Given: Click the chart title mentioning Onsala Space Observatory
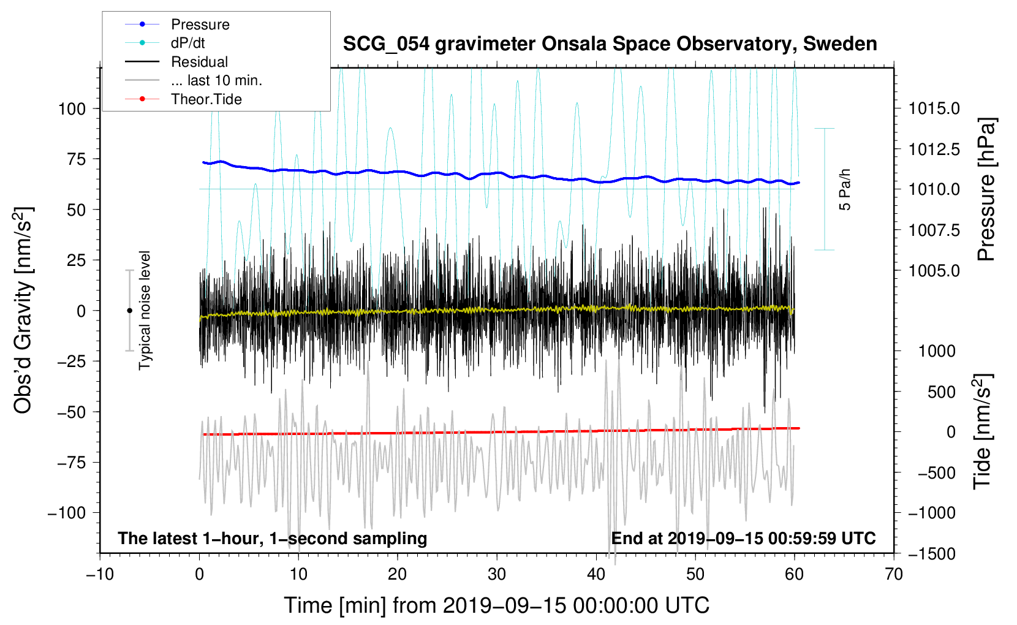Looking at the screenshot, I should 610,44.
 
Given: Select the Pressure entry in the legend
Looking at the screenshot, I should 200,25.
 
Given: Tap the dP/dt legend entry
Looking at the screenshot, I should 187,43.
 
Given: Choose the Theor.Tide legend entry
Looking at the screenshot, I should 206,99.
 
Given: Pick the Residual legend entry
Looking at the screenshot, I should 199,62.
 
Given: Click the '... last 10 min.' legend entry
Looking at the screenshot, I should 216,80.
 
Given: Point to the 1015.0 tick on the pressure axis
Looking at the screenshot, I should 934,108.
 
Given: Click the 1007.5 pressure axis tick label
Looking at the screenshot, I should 934,230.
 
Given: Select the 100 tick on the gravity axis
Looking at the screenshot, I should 72,109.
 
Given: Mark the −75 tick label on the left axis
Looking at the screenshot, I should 71,463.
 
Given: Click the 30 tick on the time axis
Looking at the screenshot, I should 497,574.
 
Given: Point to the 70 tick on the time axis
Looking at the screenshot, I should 894,574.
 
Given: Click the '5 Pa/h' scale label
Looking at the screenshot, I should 845,189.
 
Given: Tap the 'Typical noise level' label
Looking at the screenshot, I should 145,310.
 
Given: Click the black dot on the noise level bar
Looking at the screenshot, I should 129,311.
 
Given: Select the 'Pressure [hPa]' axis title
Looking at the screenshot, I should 986,189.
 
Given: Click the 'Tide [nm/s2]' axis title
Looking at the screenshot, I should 982,432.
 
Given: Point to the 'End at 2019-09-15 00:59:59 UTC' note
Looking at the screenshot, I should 743,538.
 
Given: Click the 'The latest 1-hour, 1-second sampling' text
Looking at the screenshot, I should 272,538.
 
